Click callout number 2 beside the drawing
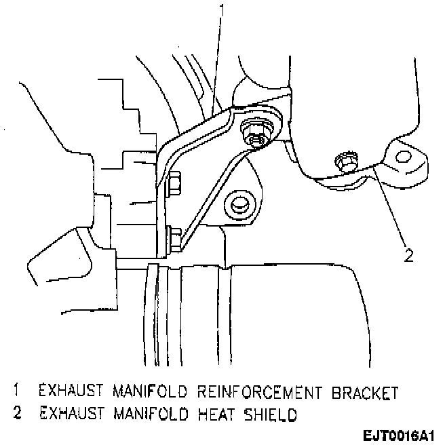click(408, 256)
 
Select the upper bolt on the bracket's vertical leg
click(173, 181)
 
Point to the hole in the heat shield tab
click(403, 159)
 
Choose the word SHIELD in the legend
click(266, 413)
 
